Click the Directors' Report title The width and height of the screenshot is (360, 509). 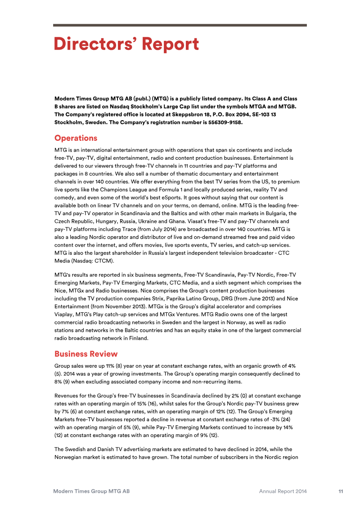point(126,45)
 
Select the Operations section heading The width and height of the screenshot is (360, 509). point(76,138)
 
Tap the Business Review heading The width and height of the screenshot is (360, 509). point(86,354)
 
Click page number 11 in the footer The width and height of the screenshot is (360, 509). point(341,491)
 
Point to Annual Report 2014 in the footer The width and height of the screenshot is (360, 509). point(283,491)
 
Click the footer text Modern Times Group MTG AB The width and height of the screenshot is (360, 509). point(91,491)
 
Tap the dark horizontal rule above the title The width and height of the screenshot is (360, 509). point(180,25)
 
